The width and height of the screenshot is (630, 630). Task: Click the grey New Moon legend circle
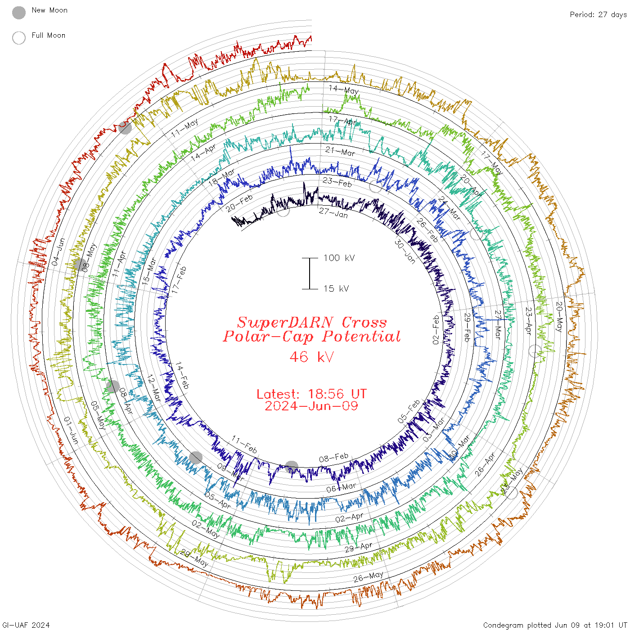tap(19, 13)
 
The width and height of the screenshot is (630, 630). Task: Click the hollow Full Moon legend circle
tap(19, 38)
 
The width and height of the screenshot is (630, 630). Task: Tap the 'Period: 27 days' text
tap(598, 15)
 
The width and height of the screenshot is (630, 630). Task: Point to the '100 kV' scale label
tap(339, 258)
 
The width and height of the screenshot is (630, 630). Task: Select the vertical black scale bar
tap(310, 273)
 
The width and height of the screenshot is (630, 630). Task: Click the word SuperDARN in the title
tap(285, 322)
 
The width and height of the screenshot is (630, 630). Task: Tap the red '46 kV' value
tap(311, 357)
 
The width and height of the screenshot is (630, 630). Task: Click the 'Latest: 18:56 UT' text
tap(311, 394)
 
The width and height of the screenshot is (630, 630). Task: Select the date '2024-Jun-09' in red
tap(311, 406)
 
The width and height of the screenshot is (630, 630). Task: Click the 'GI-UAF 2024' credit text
tap(26, 625)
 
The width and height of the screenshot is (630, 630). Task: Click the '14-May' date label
tap(344, 90)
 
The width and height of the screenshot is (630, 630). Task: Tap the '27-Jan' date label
tap(333, 212)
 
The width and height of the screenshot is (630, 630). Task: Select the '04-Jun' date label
tap(58, 252)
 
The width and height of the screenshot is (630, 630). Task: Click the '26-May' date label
tap(368, 576)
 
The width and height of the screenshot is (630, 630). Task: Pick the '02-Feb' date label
tap(436, 330)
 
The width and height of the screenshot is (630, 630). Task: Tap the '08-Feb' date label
tap(333, 458)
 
